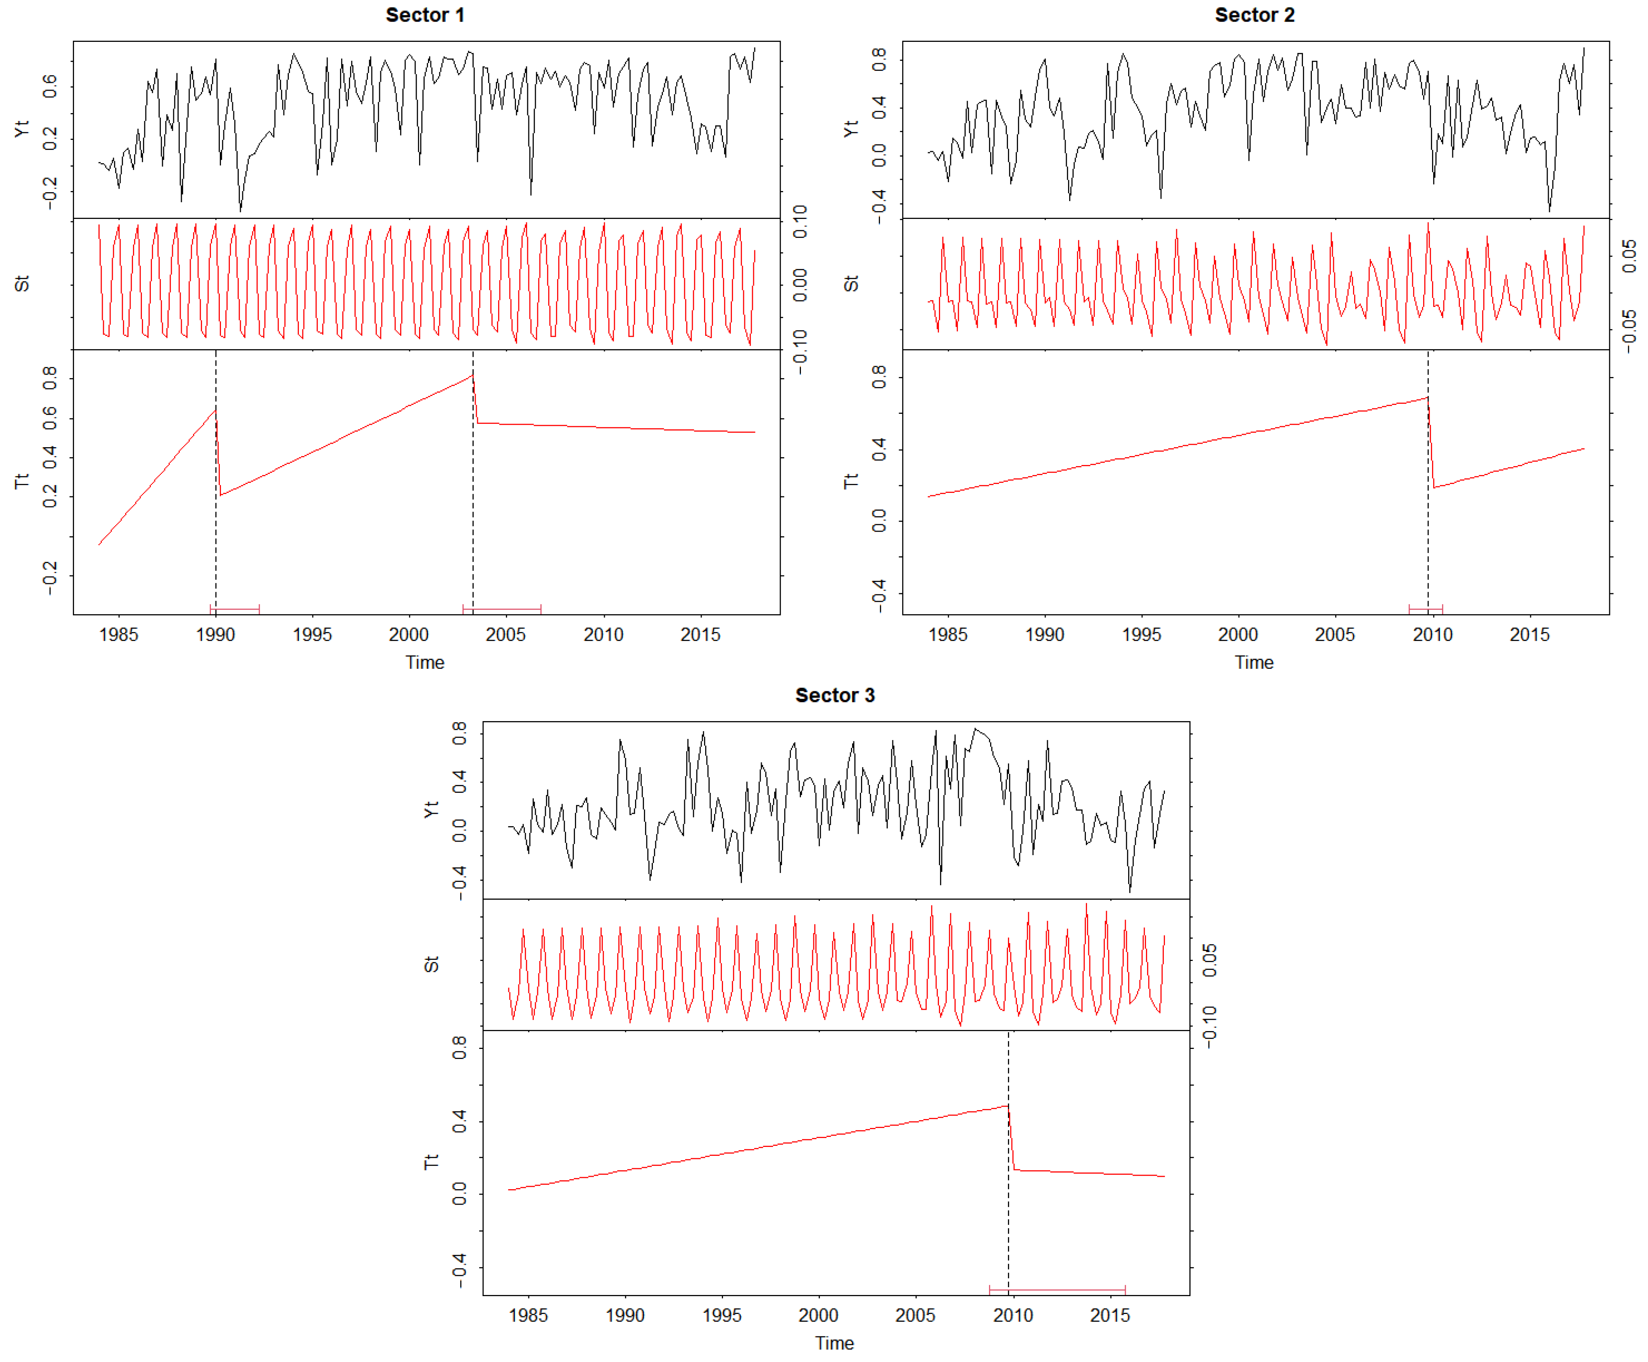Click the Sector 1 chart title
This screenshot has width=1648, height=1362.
tap(425, 15)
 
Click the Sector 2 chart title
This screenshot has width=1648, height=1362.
tap(1254, 15)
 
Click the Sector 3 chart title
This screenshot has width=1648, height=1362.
tap(834, 695)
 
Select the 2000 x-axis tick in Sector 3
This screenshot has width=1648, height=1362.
tap(818, 1315)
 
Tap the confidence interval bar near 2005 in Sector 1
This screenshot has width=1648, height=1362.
tap(502, 609)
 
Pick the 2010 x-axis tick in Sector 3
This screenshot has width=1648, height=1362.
tap(1012, 1315)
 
